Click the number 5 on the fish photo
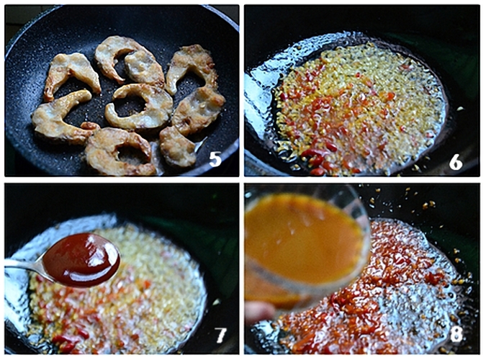(x=215, y=160)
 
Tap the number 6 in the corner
(x=456, y=161)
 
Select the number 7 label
(x=221, y=336)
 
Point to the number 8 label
(x=456, y=334)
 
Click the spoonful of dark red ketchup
(x=81, y=259)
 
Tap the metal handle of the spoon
(x=22, y=264)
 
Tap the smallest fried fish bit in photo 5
(x=90, y=125)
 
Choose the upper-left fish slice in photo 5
(x=71, y=74)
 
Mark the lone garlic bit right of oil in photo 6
(x=461, y=109)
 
